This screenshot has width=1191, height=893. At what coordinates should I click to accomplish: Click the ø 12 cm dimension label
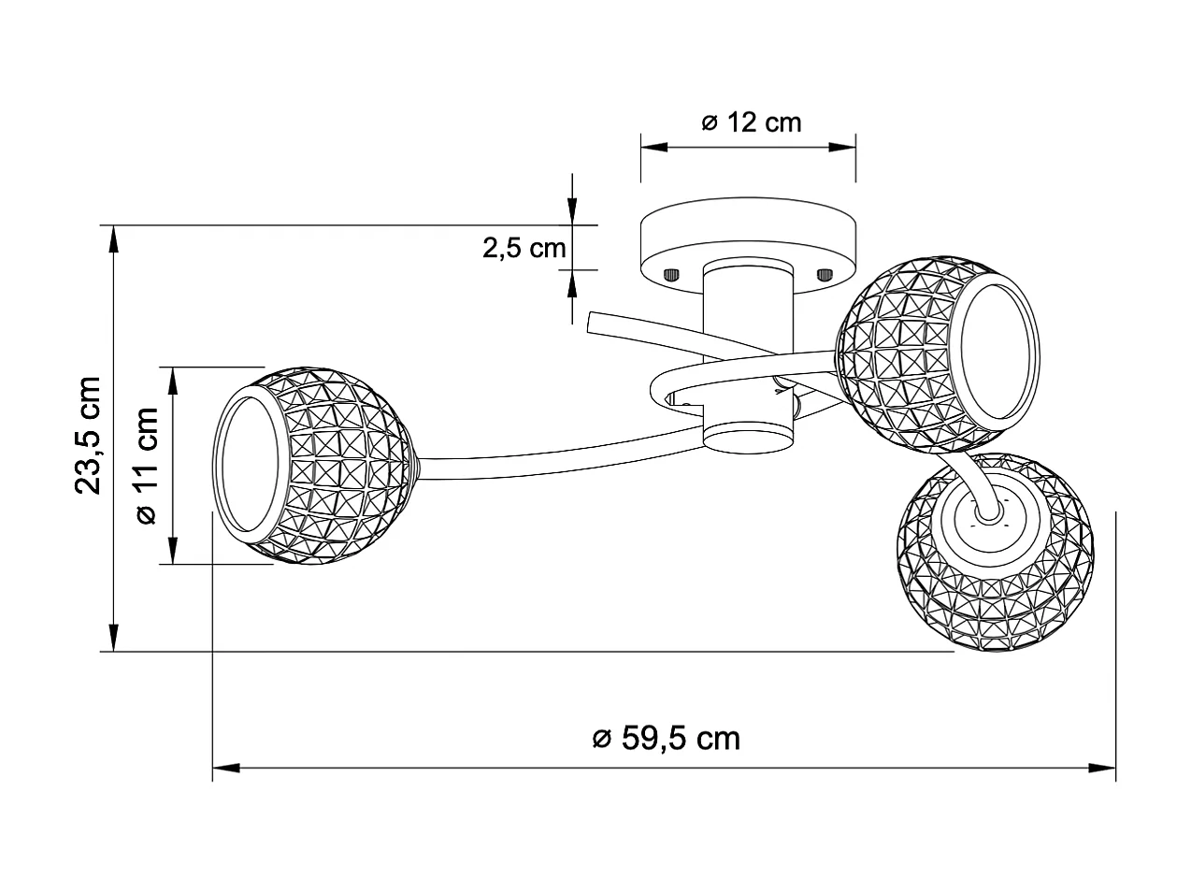751,122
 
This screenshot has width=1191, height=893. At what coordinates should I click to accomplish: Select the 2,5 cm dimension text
524,248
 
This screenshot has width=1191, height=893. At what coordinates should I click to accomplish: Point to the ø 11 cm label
147,466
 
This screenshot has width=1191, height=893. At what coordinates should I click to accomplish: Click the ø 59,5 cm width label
667,738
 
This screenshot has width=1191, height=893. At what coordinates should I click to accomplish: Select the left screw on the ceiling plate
670,275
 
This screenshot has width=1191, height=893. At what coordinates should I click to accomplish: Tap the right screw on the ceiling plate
825,274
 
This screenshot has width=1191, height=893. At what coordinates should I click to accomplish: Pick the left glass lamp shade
318,465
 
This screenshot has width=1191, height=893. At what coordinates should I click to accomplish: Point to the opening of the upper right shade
998,352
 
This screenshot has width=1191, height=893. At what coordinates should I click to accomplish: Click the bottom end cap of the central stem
748,439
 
